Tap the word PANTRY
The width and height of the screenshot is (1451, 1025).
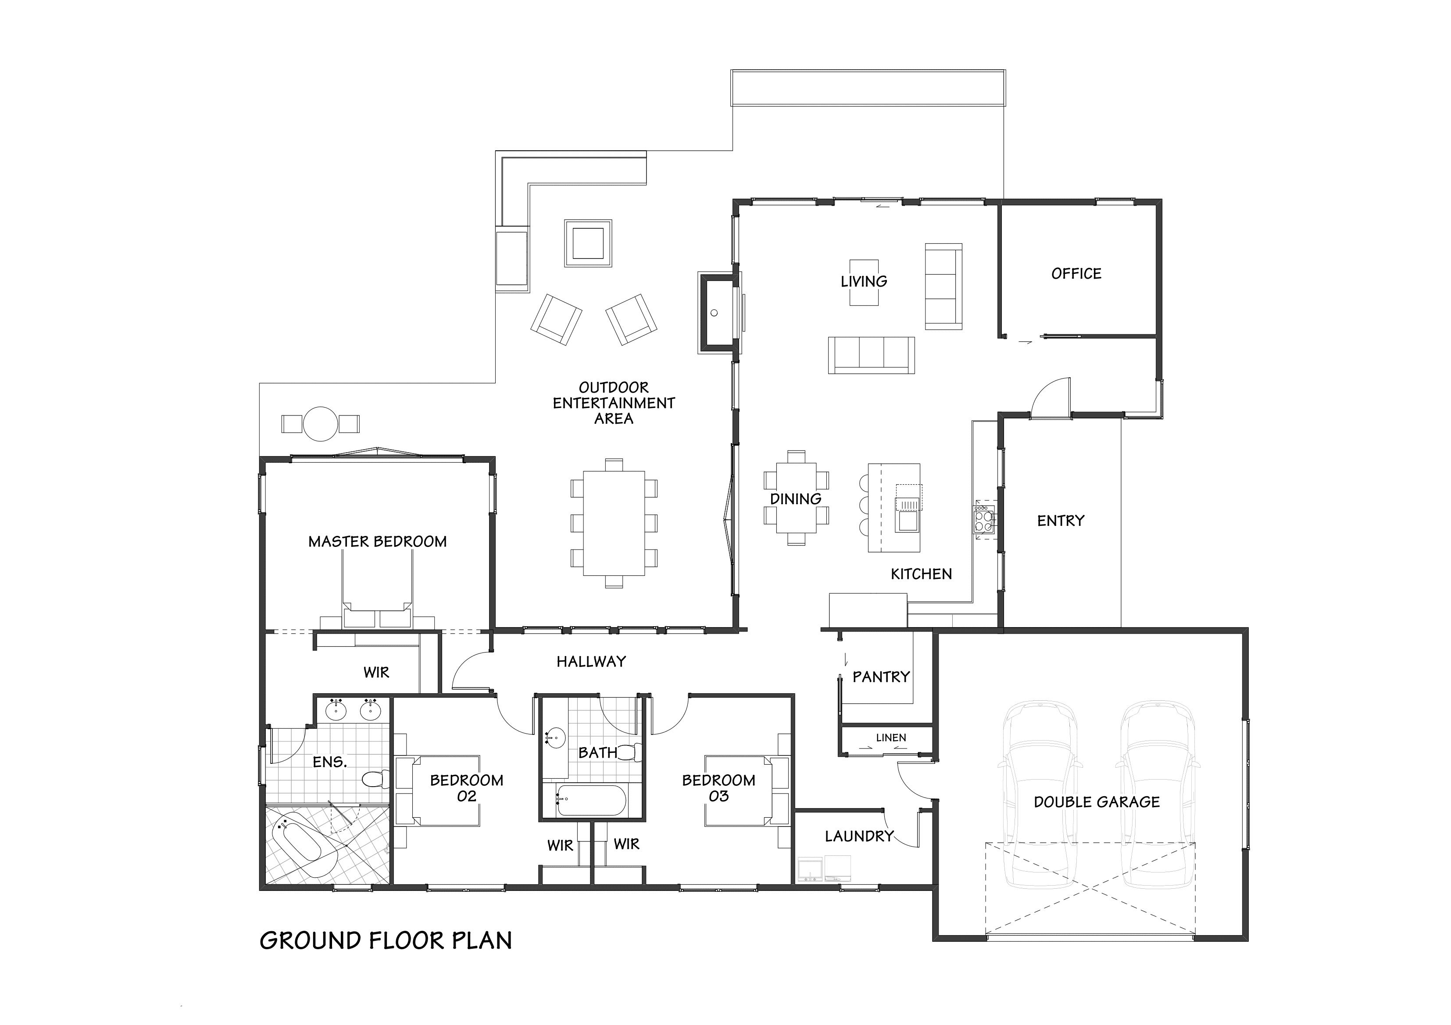881,677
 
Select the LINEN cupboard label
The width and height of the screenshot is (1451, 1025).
891,738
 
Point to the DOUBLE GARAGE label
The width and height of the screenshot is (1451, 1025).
1097,802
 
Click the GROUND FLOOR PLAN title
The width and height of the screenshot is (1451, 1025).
386,940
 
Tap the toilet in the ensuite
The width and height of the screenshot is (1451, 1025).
377,779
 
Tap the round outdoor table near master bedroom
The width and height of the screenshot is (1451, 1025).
320,424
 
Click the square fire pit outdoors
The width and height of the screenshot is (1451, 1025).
588,243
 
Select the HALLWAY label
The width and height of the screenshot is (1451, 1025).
592,661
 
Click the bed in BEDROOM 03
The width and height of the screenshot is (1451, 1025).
739,790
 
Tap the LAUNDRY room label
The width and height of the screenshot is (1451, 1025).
859,837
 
